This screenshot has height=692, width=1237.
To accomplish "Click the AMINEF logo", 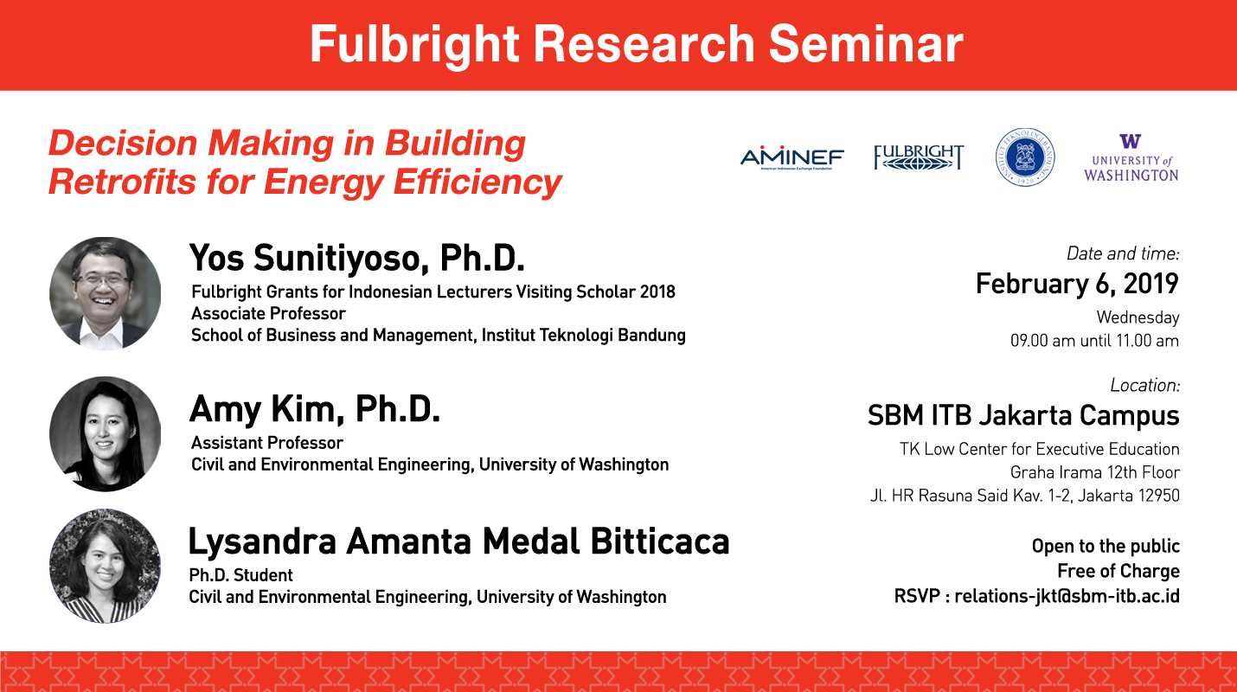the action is click(792, 159).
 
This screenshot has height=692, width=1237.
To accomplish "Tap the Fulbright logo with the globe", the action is click(919, 157).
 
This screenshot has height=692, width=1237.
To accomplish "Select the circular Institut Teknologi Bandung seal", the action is click(1025, 157).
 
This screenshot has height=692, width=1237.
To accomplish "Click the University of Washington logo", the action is click(1131, 158).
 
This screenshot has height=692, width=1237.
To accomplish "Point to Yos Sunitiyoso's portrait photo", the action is click(105, 294).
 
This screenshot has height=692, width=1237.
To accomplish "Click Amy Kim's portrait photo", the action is click(105, 434).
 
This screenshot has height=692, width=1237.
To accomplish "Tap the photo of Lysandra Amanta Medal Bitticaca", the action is click(105, 566).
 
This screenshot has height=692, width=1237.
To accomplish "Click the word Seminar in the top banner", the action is click(866, 44).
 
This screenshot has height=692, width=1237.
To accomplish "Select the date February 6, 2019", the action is click(1077, 284).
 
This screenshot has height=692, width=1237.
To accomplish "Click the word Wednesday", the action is click(1138, 317).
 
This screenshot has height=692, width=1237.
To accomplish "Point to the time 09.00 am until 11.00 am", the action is click(1094, 341).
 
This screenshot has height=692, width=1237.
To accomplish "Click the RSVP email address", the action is click(1067, 597).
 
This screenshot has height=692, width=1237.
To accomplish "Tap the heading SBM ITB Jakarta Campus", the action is click(1023, 415).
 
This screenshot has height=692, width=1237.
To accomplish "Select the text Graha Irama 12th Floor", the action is click(1094, 473).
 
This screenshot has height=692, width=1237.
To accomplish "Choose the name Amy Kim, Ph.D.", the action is click(315, 410).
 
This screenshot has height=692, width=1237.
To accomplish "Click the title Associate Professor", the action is click(268, 314).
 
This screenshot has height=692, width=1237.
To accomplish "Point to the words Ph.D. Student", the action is click(240, 575).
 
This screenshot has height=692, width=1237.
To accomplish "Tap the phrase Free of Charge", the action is click(1118, 571).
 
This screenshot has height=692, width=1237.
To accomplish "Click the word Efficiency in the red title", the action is click(477, 183).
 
